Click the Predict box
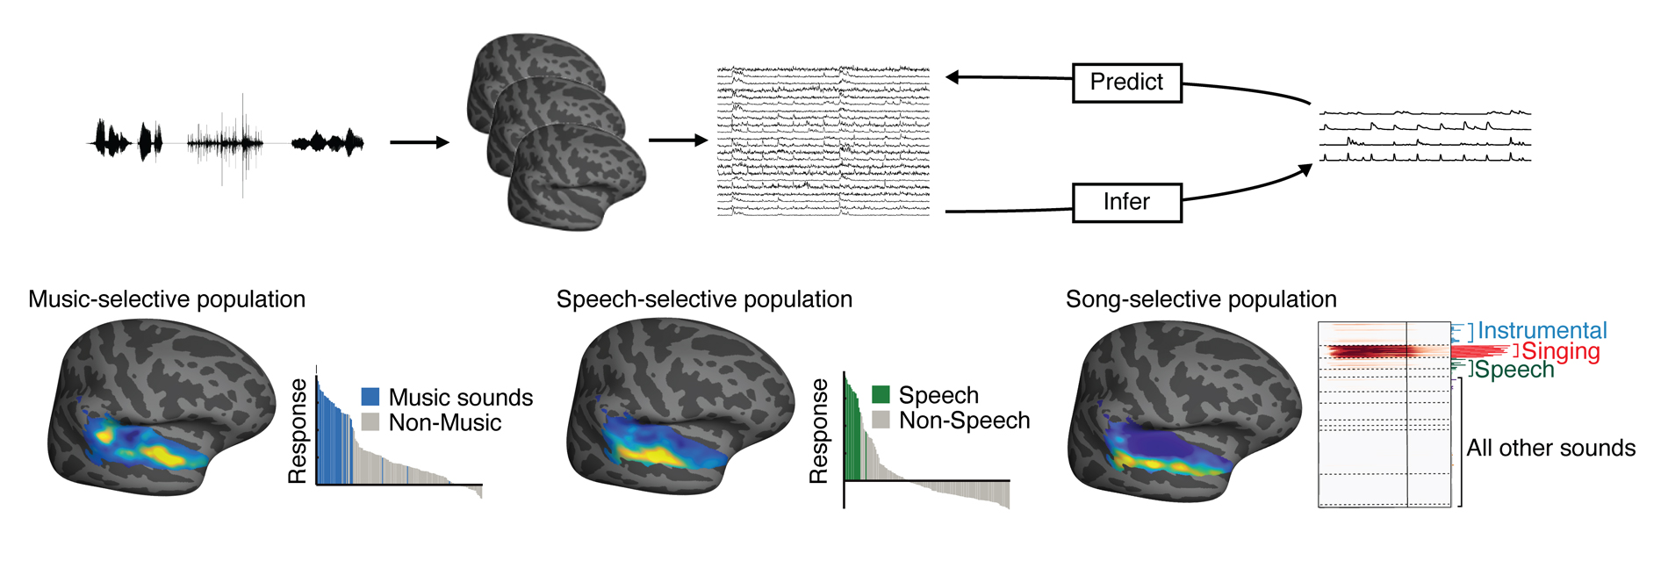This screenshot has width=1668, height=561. point(1126,83)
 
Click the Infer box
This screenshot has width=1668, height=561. point(1126,203)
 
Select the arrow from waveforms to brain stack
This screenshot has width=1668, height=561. point(419,142)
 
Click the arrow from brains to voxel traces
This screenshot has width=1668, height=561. point(677,140)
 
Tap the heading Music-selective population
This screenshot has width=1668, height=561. point(167,299)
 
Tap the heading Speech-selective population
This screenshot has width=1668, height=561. point(704,299)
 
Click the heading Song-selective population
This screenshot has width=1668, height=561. point(1200,299)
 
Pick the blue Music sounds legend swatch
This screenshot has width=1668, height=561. point(370,397)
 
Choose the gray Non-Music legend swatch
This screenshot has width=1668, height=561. point(370,422)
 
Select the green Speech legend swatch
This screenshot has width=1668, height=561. point(881,394)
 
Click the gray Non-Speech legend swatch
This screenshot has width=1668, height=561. point(881,420)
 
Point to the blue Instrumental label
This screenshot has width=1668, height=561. point(1542,331)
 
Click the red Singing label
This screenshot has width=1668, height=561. point(1560,351)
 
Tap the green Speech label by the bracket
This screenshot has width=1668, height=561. point(1513,370)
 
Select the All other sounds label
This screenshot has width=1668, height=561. point(1550,448)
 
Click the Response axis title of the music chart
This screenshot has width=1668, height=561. point(298,431)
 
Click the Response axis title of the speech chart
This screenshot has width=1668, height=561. point(818,431)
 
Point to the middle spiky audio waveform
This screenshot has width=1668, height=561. point(226,142)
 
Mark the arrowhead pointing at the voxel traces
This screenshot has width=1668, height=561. point(952,77)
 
